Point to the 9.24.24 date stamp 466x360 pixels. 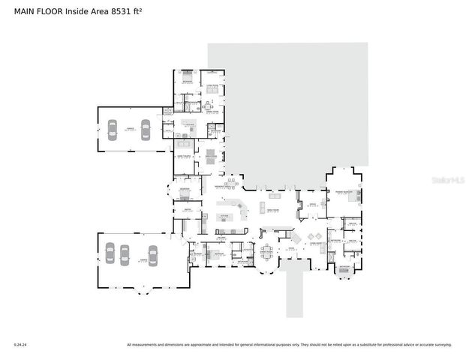pyautogui.click(x=20, y=345)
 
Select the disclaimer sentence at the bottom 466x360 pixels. pyautogui.click(x=289, y=345)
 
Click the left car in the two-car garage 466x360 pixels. pyautogui.click(x=112, y=130)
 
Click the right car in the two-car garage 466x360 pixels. pyautogui.click(x=145, y=130)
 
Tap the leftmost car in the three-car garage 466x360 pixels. pyautogui.click(x=108, y=255)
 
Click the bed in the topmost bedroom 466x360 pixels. pyautogui.click(x=187, y=78)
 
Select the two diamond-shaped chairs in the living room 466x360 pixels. pyautogui.click(x=296, y=238)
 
